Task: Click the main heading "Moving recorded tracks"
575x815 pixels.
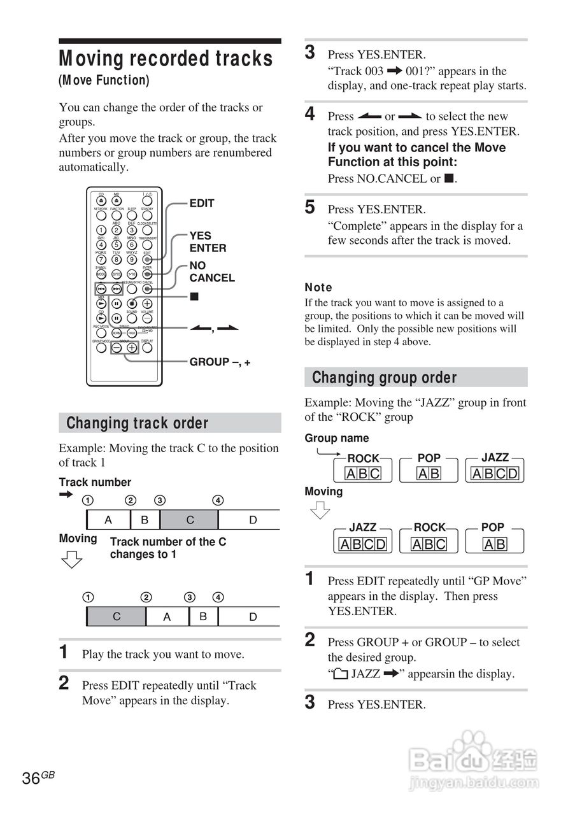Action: coord(166,59)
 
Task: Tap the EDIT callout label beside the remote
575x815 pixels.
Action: coord(202,203)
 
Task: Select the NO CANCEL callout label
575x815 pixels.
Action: coord(211,272)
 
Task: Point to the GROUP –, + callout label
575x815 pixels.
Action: coord(220,362)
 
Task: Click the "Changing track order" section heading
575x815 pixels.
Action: coord(138,423)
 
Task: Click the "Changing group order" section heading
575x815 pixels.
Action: coord(384,378)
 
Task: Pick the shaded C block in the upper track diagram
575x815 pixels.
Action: coord(189,520)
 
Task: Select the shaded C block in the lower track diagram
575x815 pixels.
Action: coord(116,616)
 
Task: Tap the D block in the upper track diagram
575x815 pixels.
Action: coord(252,520)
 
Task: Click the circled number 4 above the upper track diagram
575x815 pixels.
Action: coord(218,500)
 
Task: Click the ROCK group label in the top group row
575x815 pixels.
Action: coord(363,458)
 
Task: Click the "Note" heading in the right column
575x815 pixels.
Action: coord(318,288)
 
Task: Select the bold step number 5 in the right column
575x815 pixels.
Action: coord(310,207)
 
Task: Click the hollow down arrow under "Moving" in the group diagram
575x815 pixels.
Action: coord(320,511)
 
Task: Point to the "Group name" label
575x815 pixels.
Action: coord(336,438)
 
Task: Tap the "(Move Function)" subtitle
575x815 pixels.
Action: coord(104,80)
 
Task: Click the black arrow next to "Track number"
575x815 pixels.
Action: coord(66,495)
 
